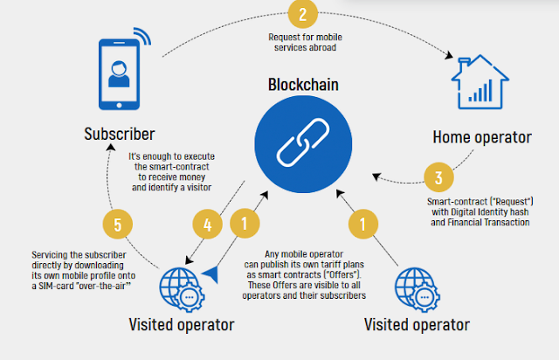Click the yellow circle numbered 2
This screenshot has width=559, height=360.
[300, 14]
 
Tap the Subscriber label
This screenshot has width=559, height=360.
[120, 135]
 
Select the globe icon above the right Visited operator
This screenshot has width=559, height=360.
[418, 286]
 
